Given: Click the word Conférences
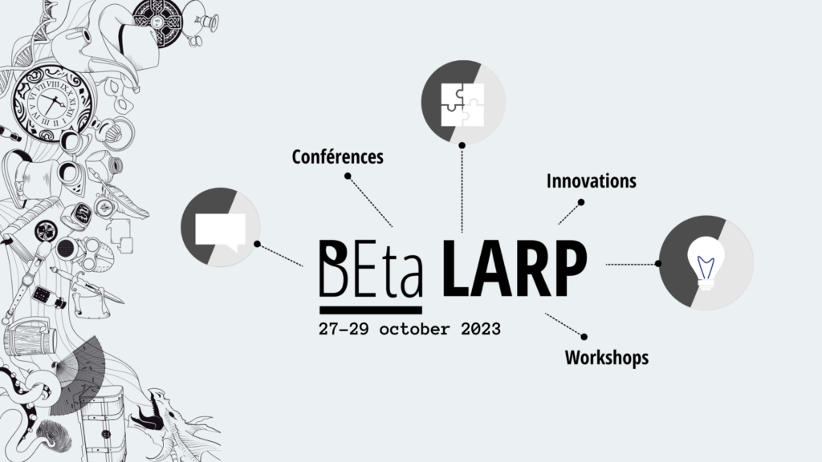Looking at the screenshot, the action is pos(338,156).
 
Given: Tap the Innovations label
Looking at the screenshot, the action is pos(592,181).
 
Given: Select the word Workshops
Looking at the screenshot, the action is pos(607,358).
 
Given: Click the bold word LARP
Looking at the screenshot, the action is pos(515,269).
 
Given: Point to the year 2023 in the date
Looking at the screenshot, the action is pos(481,329).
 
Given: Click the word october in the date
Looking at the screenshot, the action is pos(414,329).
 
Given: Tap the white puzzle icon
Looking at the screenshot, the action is pos(462,105).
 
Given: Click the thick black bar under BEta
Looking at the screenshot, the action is pos(371,310).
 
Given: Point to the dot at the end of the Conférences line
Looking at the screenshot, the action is pos(348,176).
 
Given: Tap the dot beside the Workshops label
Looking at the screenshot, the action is pos(584,337).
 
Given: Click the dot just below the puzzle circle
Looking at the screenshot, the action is pos(462,145).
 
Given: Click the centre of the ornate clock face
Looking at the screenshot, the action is pos(51,103).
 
